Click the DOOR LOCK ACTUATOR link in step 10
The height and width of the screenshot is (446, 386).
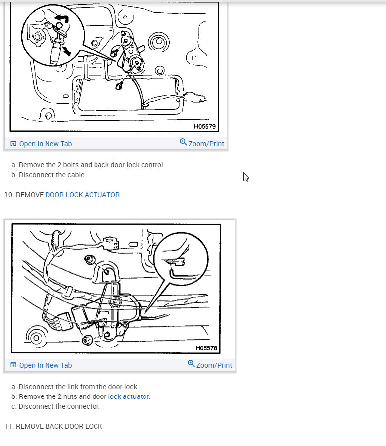tap(83, 195)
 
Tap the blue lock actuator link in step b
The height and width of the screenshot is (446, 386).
tap(128, 396)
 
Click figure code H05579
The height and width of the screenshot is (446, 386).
tap(205, 126)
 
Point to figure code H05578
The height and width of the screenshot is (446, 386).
tap(206, 348)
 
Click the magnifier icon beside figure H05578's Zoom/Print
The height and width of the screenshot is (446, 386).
tap(191, 364)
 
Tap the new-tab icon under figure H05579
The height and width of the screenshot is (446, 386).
tap(13, 143)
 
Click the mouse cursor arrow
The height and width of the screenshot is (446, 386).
tap(246, 177)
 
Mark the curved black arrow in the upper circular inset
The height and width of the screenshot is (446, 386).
tap(62, 19)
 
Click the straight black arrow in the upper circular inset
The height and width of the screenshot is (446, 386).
tap(67, 51)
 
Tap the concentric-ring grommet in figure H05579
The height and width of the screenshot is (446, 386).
tap(159, 42)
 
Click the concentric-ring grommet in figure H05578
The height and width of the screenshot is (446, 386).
tap(36, 338)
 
